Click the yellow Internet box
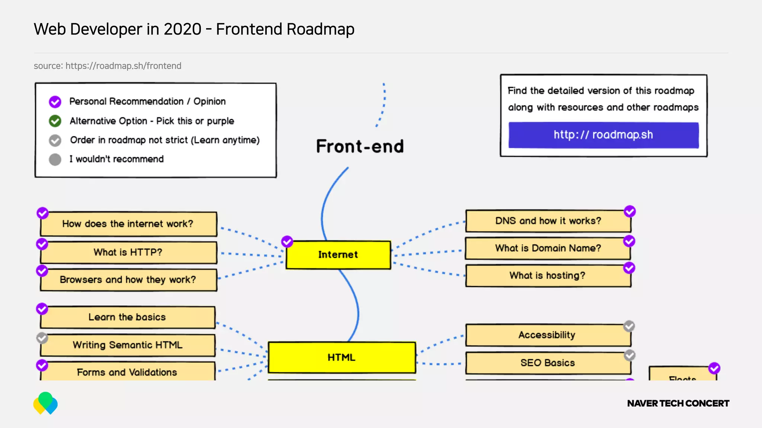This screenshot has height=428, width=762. coord(338,255)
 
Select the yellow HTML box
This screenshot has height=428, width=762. coord(342,357)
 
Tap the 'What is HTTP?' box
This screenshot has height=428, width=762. coord(128,252)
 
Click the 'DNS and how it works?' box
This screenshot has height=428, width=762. coord(548,221)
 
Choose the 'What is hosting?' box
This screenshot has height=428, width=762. coord(547,276)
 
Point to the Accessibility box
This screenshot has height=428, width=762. coord(547,335)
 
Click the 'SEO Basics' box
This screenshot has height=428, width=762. coord(547,363)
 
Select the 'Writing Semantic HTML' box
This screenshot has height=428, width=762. coord(128,345)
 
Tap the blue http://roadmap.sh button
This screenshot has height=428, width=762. coord(603,135)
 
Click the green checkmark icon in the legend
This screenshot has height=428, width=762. coord(55,121)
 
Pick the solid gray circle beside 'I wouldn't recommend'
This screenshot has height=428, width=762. coord(55,159)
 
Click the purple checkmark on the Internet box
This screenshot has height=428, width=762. coord(287,241)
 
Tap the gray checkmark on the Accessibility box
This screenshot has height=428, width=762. coord(629,326)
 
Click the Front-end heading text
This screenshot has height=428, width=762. coord(360,146)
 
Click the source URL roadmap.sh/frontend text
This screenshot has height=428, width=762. coord(123,66)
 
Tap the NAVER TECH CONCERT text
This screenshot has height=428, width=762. coord(678,403)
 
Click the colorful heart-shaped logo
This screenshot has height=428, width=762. coord(45,403)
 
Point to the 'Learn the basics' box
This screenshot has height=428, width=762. coord(127,317)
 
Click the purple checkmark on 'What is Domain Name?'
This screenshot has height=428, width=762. coord(629,241)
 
